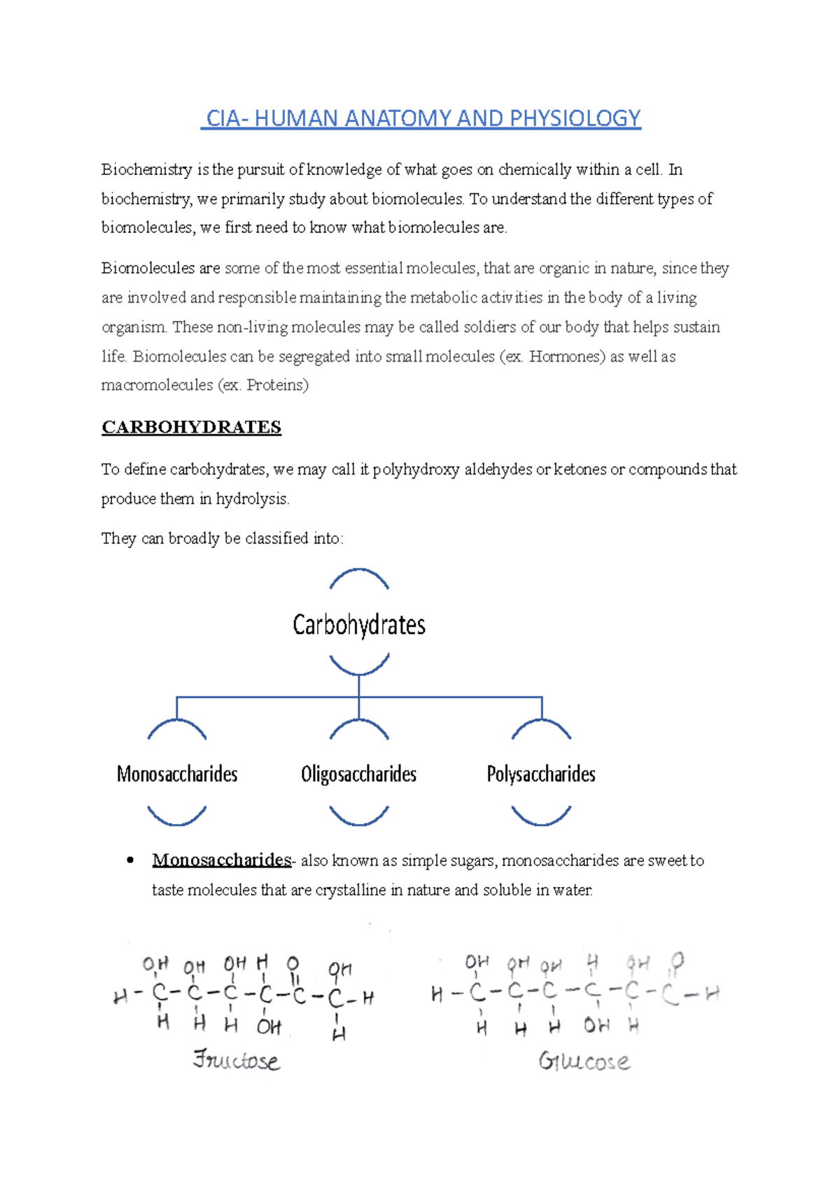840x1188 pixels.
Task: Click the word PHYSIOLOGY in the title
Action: pos(575,118)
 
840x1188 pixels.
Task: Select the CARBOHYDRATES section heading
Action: pos(191,427)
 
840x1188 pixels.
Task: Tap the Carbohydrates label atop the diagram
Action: pos(358,625)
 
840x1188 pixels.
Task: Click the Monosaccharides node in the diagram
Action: pos(177,774)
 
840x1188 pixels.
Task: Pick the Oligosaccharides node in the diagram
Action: pos(358,774)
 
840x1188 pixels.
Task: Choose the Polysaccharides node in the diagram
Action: pos(541,774)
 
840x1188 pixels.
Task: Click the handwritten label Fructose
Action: pos(237,1060)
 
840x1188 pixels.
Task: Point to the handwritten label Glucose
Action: pos(584,1061)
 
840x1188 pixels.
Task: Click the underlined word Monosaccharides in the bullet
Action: pos(221,860)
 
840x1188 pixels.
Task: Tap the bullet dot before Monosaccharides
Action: pos(130,861)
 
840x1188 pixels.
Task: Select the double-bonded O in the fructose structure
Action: pos(293,965)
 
